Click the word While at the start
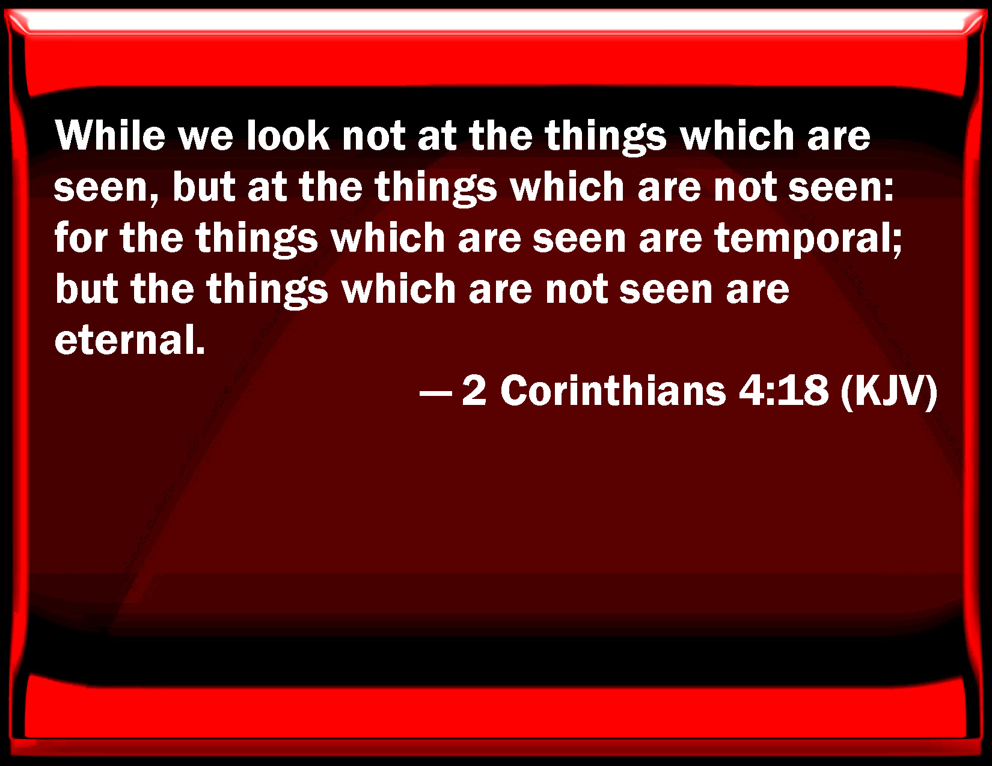tap(110, 135)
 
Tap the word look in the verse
tap(288, 135)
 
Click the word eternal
tap(124, 340)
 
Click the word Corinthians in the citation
tap(613, 391)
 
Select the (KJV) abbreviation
tap(889, 392)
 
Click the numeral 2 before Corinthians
tap(474, 391)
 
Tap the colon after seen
tap(889, 190)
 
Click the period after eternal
tap(200, 350)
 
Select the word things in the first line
tap(606, 137)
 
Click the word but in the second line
tap(204, 186)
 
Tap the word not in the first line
tap(373, 137)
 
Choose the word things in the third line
tap(257, 239)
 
